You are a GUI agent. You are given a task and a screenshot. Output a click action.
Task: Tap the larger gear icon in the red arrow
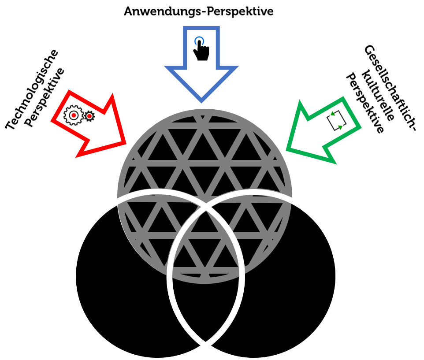point(73,115)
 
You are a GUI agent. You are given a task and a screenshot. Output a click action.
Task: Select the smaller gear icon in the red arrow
point(89,116)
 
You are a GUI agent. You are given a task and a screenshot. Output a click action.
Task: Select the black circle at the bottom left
point(119,286)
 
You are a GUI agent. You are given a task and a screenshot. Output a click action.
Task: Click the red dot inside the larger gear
point(73,115)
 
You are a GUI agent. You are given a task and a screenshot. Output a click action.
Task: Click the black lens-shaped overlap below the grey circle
point(205,308)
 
